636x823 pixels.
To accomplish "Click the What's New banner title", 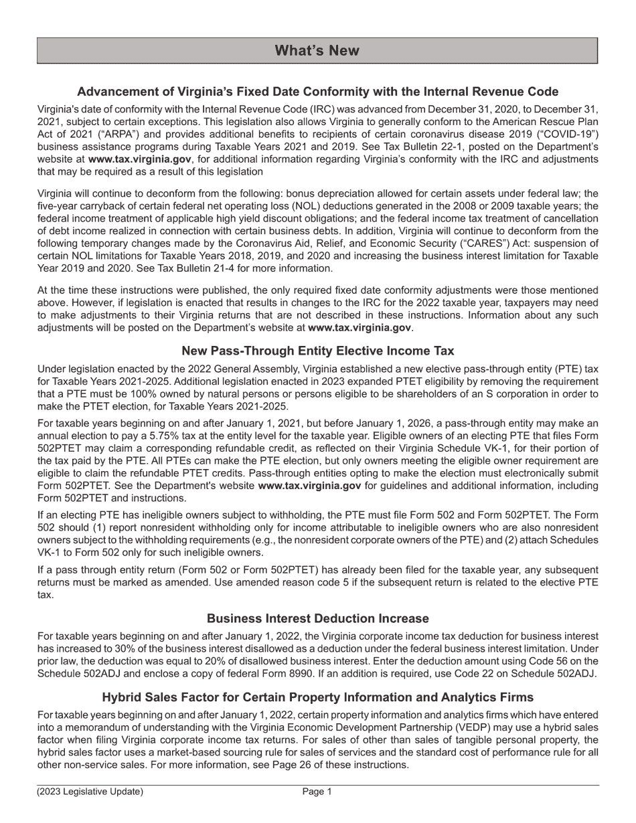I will click(x=317, y=51).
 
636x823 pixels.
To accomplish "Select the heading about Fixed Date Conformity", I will click(x=317, y=92).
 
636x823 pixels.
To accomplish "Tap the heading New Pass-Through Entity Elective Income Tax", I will click(x=317, y=351).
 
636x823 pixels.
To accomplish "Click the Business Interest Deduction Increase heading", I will click(x=317, y=618).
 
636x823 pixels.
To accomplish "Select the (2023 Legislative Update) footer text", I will click(x=90, y=792).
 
